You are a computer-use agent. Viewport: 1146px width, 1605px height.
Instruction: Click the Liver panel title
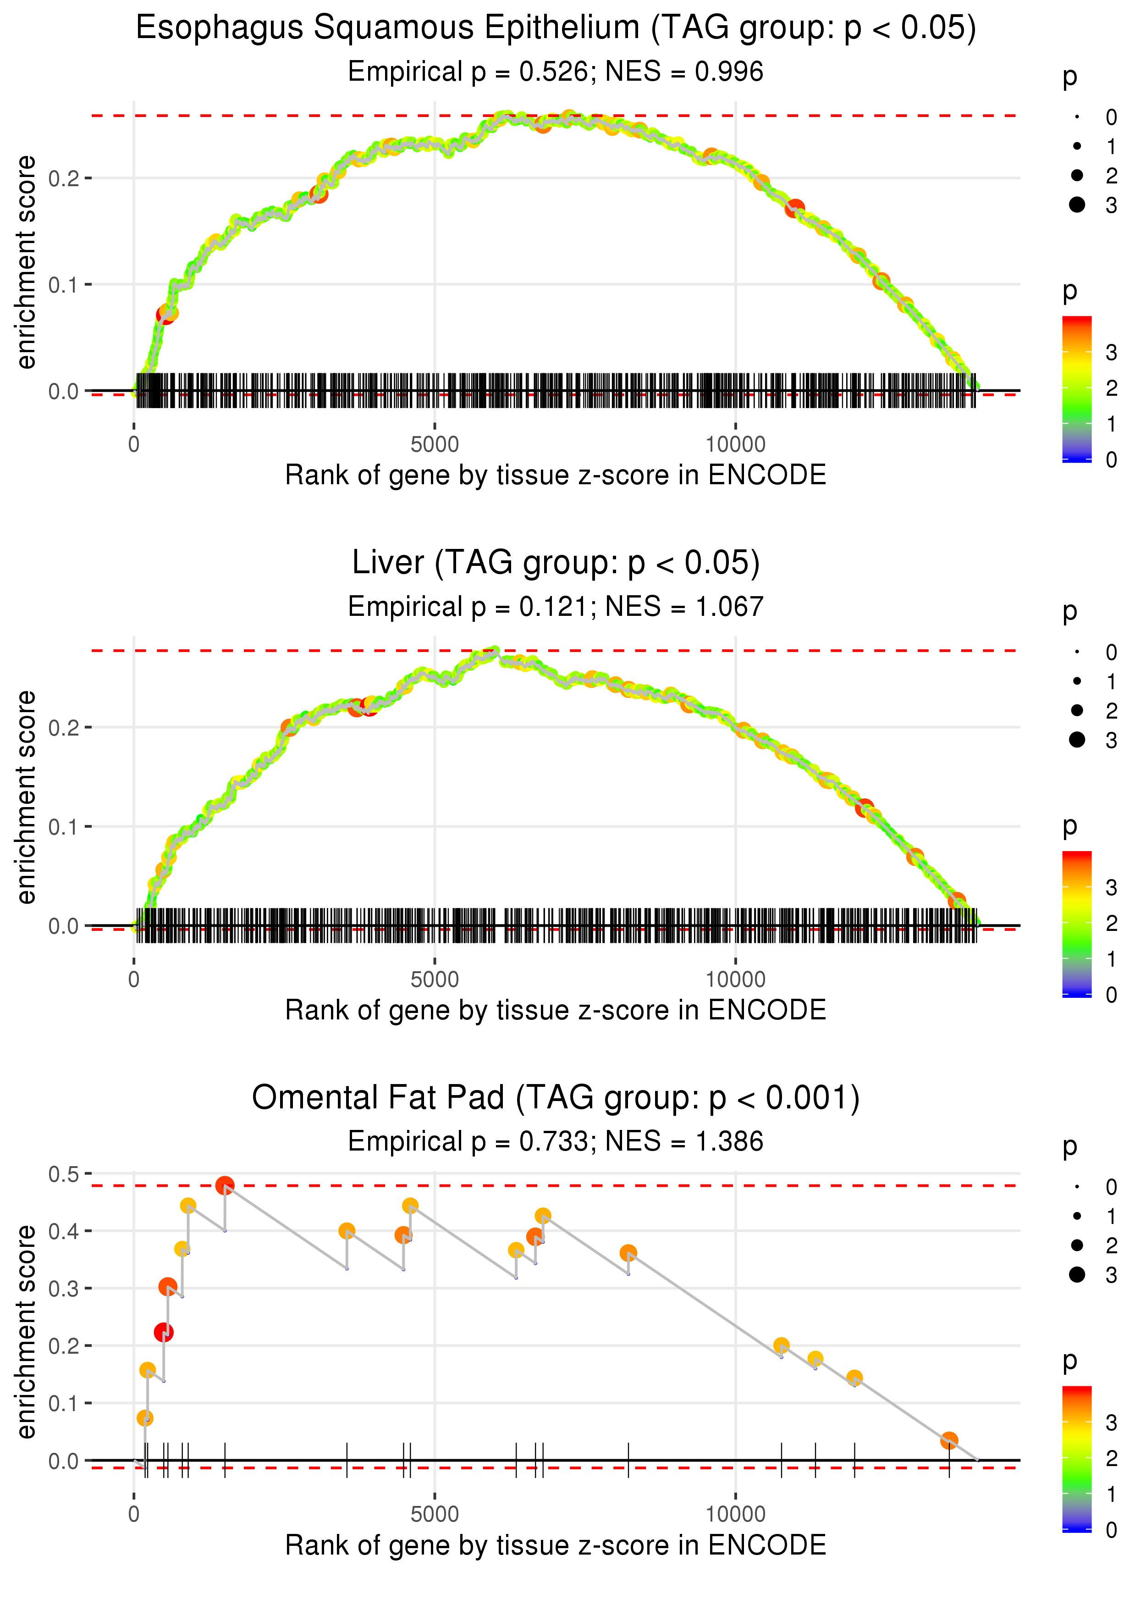556,563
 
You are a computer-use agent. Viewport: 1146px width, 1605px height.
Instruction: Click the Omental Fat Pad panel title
556,1097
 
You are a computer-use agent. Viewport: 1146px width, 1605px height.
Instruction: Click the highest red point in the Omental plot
225,1185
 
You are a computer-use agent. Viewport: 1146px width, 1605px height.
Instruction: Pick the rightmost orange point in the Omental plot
949,1440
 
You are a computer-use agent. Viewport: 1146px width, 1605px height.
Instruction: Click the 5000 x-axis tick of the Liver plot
435,980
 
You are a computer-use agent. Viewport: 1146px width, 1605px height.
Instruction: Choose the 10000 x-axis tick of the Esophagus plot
735,445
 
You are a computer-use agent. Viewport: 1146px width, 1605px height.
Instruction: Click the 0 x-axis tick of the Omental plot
134,1515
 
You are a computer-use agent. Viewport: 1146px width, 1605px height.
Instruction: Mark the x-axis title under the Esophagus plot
556,475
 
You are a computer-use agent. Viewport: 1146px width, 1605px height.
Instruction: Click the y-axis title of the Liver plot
26,797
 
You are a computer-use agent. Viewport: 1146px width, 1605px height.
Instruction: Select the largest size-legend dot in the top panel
1077,205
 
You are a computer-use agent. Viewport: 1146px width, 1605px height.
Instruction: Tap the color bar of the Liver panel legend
1077,923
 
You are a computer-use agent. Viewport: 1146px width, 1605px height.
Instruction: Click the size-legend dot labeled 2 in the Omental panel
1077,1245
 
